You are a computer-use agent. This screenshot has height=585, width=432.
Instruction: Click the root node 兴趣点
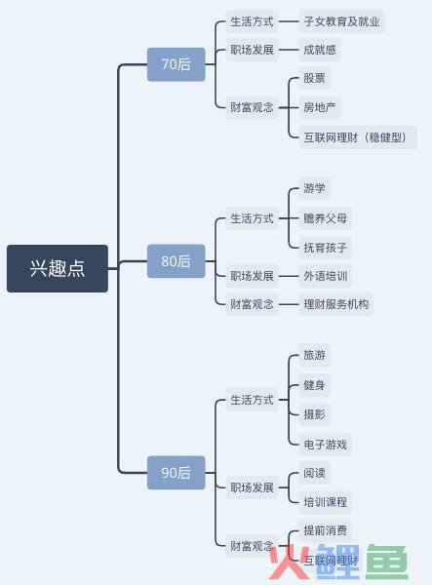[x=58, y=268]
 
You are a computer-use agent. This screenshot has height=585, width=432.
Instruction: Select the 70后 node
[x=177, y=64]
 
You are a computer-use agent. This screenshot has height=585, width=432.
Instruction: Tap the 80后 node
[x=177, y=260]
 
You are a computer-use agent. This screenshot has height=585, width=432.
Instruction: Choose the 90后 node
[x=177, y=472]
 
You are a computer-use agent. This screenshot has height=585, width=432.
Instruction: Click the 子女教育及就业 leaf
[x=341, y=21]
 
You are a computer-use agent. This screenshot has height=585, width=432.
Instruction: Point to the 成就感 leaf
[x=320, y=50]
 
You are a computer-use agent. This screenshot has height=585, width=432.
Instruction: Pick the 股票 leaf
[x=314, y=78]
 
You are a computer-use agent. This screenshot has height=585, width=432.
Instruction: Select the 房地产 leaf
[x=320, y=107]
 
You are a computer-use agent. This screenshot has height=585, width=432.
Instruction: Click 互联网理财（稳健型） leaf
[x=358, y=137]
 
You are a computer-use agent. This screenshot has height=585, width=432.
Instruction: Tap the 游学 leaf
[x=314, y=188]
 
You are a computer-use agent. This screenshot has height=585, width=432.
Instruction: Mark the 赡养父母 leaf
[x=326, y=217]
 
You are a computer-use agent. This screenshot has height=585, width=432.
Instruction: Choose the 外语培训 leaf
[x=326, y=276]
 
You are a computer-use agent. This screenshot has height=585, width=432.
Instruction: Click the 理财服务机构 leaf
[x=336, y=304]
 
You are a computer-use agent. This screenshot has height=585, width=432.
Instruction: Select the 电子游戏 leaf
[x=326, y=444]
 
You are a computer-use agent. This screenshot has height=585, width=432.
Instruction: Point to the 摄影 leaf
[x=314, y=414]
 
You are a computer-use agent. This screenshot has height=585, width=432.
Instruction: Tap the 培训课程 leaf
[x=326, y=502]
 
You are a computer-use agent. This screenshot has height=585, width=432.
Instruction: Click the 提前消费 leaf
[x=326, y=530]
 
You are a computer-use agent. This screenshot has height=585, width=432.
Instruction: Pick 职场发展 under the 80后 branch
[x=253, y=276]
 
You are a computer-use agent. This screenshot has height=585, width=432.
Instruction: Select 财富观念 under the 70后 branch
[x=253, y=107]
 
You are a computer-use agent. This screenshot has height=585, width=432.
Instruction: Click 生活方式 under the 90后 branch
[x=253, y=400]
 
